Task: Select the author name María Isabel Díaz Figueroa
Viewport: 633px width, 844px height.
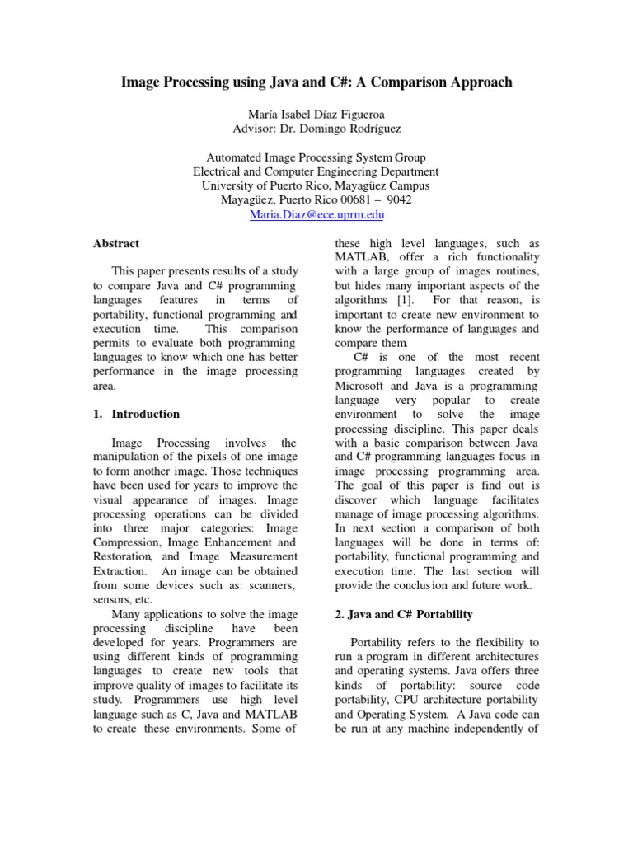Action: (316, 115)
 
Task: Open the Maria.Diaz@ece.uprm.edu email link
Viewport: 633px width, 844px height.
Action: (316, 214)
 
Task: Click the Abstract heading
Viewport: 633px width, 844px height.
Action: (115, 243)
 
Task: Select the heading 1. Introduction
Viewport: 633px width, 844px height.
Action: (136, 414)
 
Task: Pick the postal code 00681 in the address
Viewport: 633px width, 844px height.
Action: (335, 199)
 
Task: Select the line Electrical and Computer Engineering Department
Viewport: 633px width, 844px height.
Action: (316, 171)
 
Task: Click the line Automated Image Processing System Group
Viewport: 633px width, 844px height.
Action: (316, 157)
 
